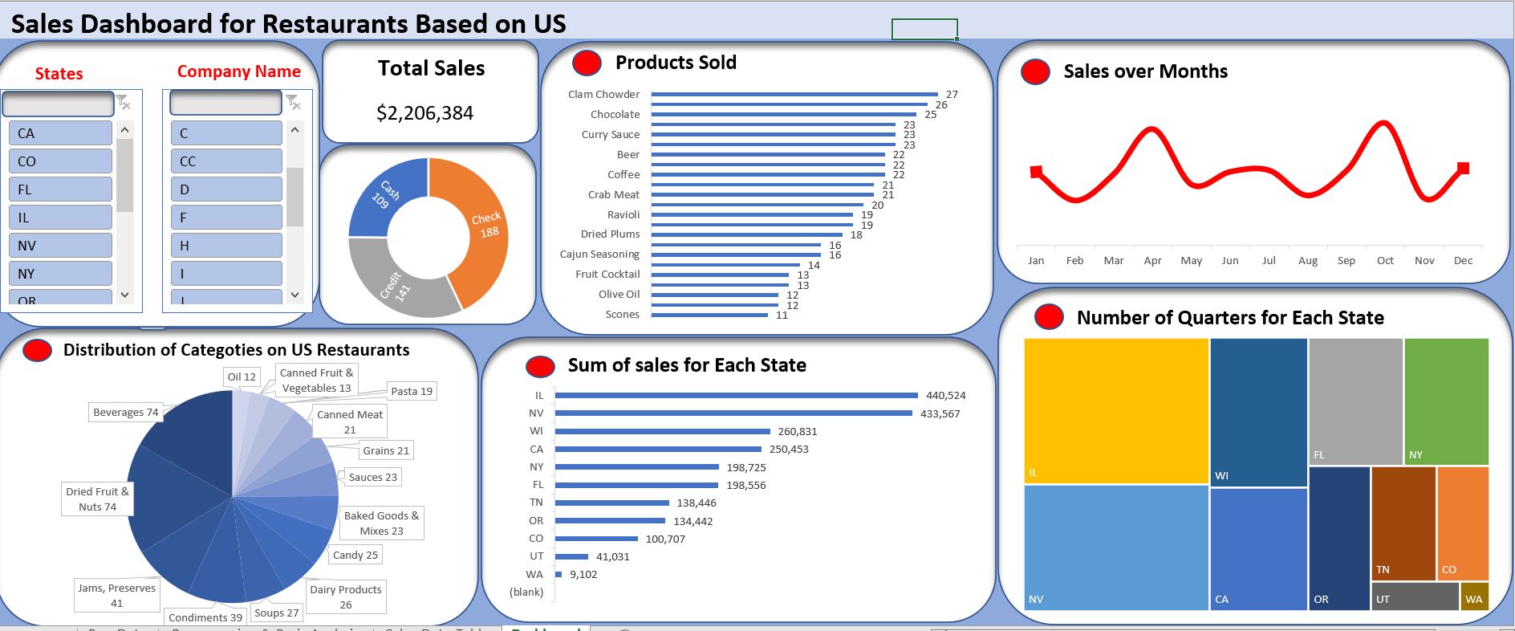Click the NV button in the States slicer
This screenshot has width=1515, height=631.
pyautogui.click(x=60, y=246)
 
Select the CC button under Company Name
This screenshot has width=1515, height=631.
pyautogui.click(x=225, y=161)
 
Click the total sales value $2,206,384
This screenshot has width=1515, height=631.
pyautogui.click(x=424, y=113)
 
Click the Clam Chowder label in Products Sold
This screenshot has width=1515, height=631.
pyautogui.click(x=603, y=94)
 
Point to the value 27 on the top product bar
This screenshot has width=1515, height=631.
pyautogui.click(x=952, y=94)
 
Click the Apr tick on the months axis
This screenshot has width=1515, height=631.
pyautogui.click(x=1152, y=260)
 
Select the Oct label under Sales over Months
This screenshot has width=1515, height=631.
pyautogui.click(x=1385, y=260)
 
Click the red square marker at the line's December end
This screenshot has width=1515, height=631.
pyautogui.click(x=1463, y=168)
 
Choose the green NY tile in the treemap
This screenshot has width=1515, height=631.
pyautogui.click(x=1446, y=401)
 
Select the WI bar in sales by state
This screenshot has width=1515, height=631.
pyautogui.click(x=662, y=431)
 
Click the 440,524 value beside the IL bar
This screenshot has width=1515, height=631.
pyautogui.click(x=945, y=395)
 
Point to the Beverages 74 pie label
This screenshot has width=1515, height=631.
pyautogui.click(x=125, y=412)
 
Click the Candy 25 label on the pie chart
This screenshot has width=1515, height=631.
pyautogui.click(x=355, y=555)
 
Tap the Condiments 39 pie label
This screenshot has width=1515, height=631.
pyautogui.click(x=205, y=617)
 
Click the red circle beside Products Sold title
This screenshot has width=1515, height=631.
pyautogui.click(x=587, y=63)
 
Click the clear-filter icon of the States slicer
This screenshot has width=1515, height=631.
pyautogui.click(x=124, y=101)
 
